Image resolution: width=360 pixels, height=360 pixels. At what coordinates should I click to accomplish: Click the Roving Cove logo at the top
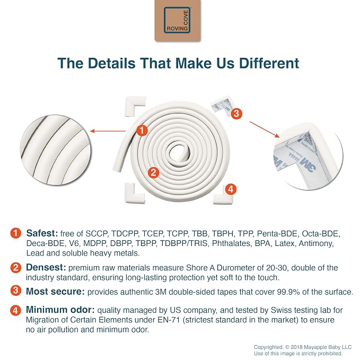point(178,21)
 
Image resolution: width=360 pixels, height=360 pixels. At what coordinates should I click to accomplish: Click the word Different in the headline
point(269,63)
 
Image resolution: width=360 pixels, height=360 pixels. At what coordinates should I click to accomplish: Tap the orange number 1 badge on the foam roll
point(142,130)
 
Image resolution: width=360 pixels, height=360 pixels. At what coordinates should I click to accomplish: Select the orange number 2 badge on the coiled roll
point(153,172)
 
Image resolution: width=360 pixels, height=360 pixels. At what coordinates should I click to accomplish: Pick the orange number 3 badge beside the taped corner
point(236,113)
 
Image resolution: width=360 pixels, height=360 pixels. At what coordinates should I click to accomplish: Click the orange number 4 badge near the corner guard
point(231,189)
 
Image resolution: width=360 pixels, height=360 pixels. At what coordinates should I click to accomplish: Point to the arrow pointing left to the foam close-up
point(108,131)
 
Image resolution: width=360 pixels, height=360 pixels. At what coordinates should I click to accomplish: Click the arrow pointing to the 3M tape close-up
point(265,129)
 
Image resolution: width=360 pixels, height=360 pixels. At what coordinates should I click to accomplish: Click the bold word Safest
point(42,233)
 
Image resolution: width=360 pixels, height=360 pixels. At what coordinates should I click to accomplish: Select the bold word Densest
point(46,267)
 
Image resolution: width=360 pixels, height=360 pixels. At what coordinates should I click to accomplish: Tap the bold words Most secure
point(55,292)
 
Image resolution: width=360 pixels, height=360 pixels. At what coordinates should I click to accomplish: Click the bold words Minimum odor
point(60,310)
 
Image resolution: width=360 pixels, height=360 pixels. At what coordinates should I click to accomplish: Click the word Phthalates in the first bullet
point(231,243)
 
